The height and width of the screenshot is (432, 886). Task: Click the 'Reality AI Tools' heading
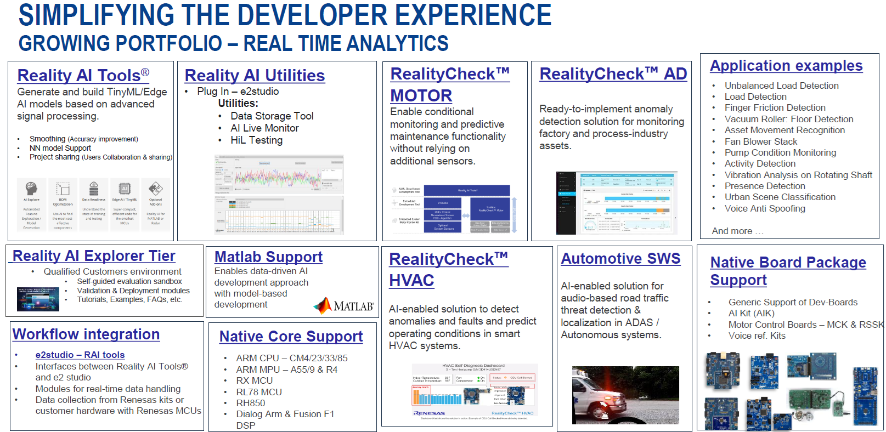coord(83,76)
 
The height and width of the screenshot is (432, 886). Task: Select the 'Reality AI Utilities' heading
coord(255,76)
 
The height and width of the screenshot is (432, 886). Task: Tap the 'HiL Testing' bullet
coord(256,140)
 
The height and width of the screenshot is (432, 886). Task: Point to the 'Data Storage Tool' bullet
coord(272,116)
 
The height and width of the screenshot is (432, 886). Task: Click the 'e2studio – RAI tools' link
coord(80,355)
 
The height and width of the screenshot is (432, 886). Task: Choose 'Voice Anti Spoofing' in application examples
coord(765,208)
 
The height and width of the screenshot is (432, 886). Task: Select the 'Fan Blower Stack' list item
coord(761,141)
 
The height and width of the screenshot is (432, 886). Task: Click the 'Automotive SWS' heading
coord(620,259)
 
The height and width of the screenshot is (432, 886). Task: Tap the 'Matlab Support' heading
coord(268,257)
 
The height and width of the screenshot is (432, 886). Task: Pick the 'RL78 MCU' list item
coord(259,392)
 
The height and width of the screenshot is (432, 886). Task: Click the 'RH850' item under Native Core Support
coord(251,403)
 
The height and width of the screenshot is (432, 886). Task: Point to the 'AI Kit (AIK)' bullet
coord(751,313)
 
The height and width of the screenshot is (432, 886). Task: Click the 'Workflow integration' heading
coord(86,334)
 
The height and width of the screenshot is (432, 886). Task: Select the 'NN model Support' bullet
coord(60,148)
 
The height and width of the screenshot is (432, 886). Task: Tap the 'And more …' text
coord(737,231)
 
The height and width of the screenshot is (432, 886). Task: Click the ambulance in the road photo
coord(592,395)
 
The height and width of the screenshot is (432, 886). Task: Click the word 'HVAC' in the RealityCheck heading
coord(411,281)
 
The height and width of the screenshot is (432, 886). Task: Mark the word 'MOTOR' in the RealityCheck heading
coord(421,96)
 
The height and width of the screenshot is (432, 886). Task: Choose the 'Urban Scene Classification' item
coord(780,197)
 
